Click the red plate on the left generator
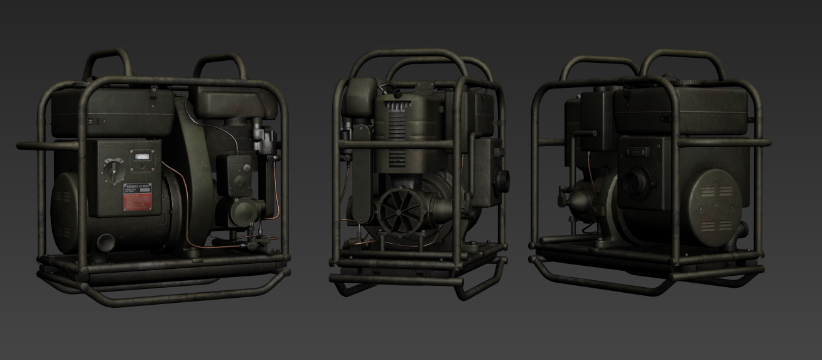[137, 202]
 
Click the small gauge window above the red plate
[140, 157]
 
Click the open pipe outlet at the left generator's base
[105, 242]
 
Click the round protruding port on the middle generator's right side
[502, 178]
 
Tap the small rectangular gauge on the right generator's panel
[637, 151]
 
